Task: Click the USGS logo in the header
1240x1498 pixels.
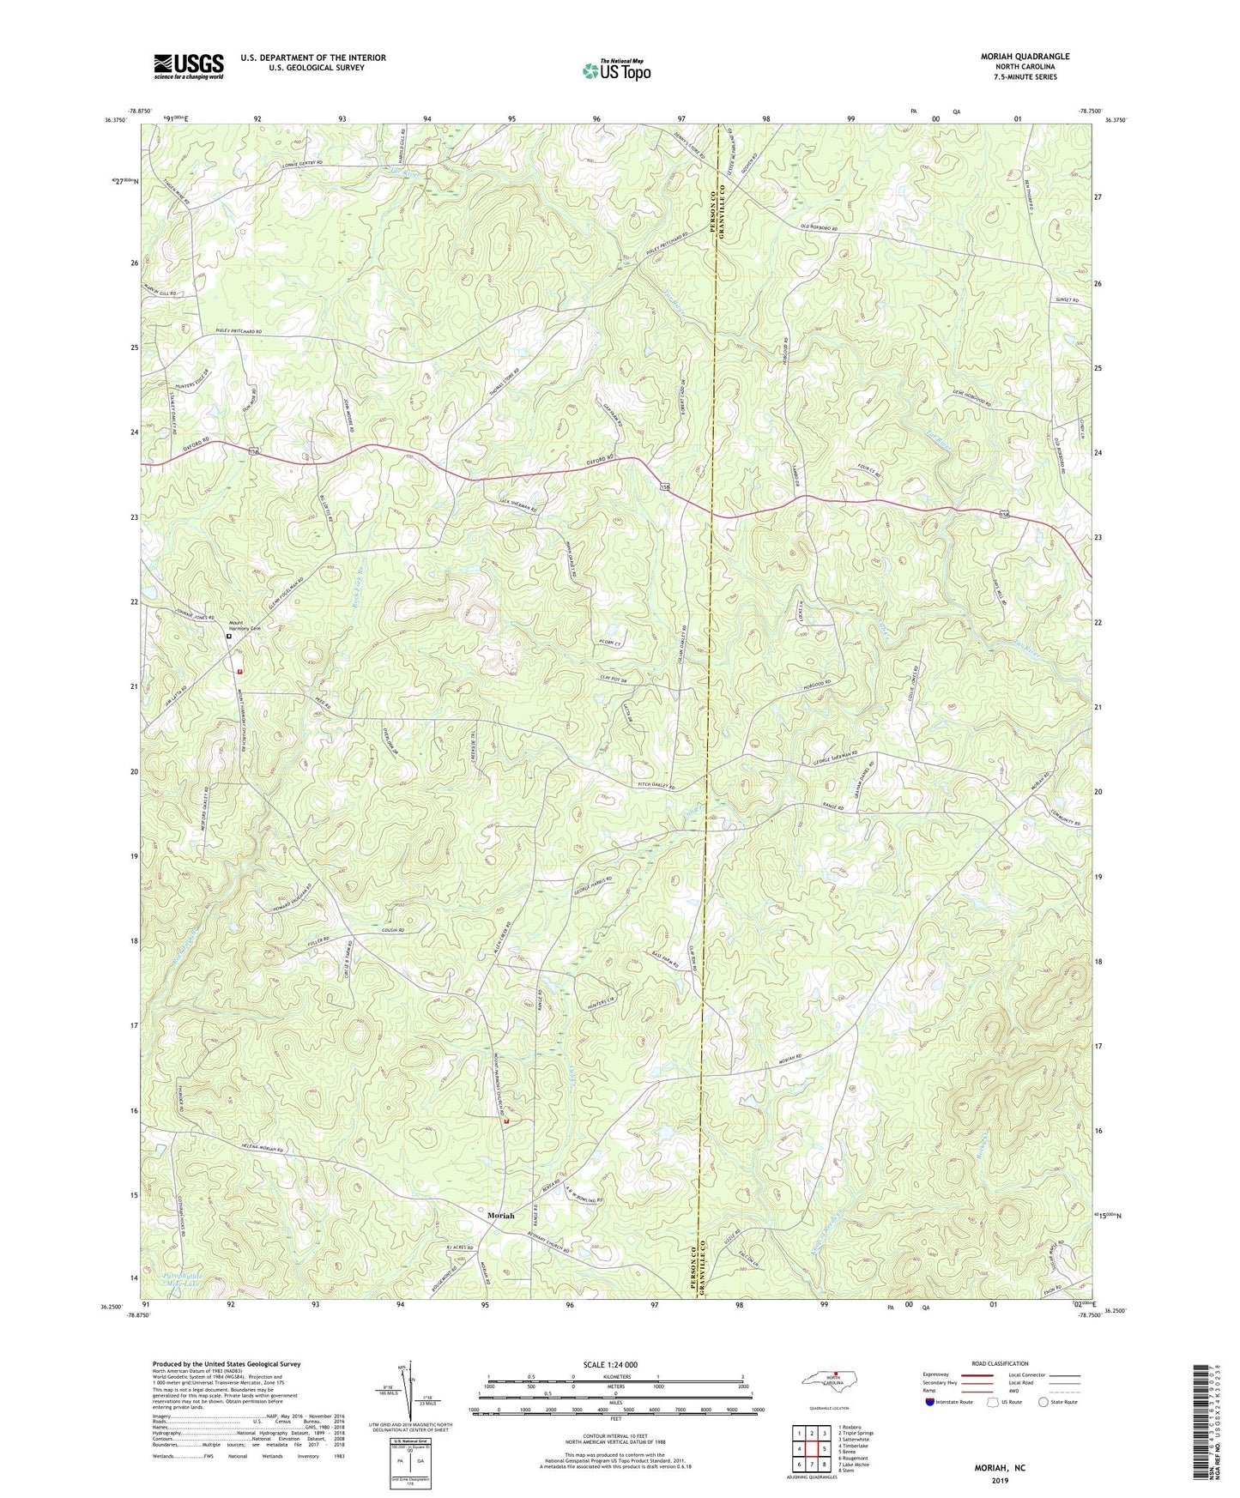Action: (189, 66)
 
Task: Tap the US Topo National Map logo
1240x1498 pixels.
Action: (615, 70)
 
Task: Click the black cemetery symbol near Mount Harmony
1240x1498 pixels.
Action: (228, 637)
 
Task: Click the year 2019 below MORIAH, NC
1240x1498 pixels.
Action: (999, 1480)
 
